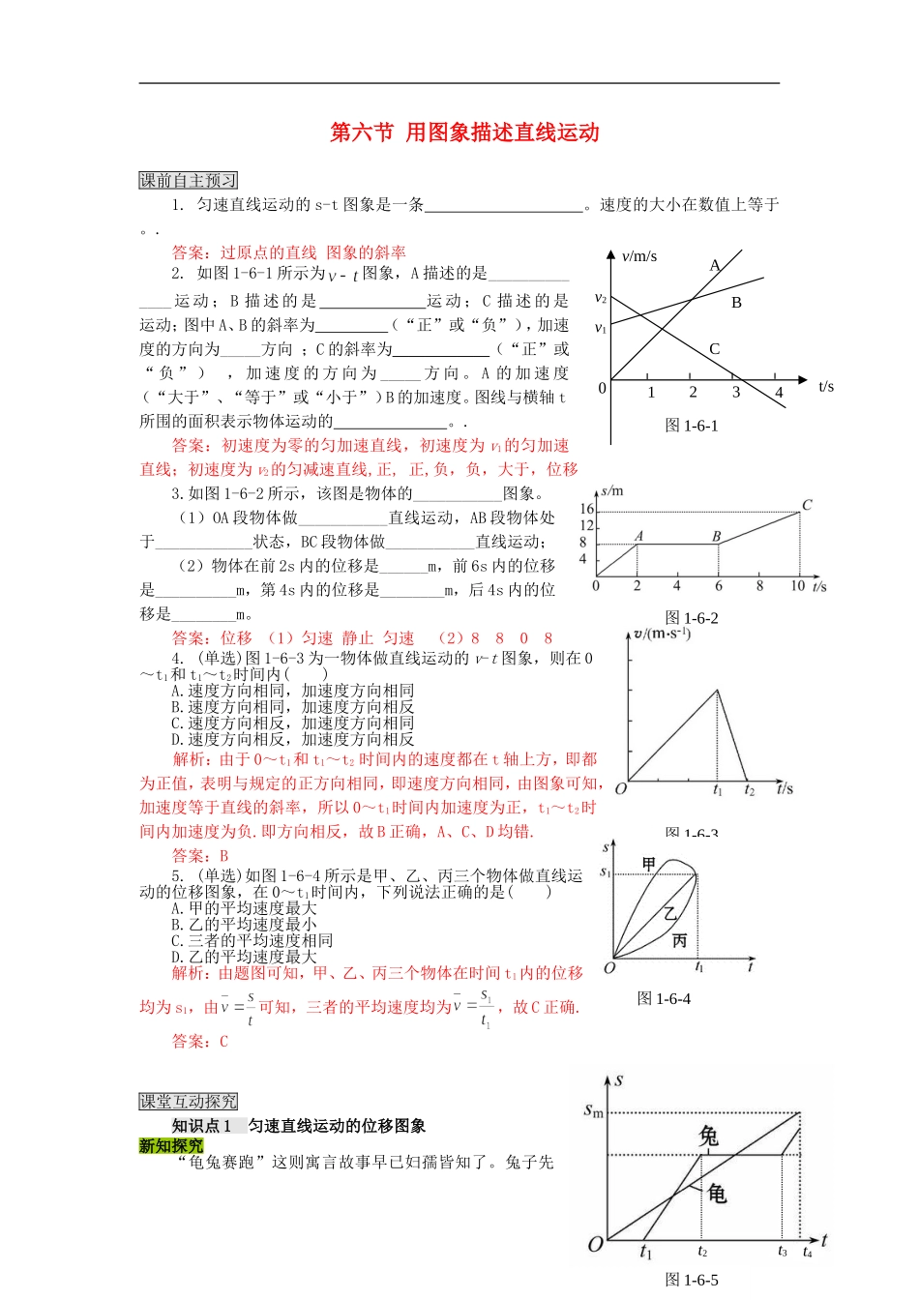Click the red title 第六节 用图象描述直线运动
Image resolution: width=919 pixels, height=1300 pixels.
click(464, 133)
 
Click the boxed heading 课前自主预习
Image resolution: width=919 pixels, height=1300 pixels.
click(188, 180)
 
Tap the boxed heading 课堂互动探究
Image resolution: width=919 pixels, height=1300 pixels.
click(188, 1101)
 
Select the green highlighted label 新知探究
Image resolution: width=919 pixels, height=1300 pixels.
click(171, 1145)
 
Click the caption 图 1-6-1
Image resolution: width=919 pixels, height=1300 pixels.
click(692, 426)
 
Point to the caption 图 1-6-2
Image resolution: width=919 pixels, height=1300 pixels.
click(692, 618)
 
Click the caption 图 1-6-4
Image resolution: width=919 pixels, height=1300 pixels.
click(664, 998)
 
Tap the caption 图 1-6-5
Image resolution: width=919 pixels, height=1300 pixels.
click(692, 1280)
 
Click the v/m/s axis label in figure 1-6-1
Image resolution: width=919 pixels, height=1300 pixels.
click(638, 256)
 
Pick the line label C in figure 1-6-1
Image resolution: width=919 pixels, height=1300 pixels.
click(714, 349)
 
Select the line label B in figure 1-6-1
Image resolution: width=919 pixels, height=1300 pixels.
click(736, 303)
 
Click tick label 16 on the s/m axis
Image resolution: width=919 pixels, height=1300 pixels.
click(586, 509)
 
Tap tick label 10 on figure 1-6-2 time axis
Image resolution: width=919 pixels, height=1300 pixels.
click(797, 586)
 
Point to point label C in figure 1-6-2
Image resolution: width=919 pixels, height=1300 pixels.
click(807, 505)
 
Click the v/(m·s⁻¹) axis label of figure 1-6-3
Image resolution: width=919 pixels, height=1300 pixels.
click(661, 634)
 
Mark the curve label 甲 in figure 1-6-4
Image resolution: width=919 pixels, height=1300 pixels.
click(649, 864)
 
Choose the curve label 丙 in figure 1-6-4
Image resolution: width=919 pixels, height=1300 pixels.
click(679, 939)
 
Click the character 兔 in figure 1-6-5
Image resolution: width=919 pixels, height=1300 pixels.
click(709, 1136)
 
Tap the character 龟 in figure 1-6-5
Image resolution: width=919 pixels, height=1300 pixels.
click(717, 1193)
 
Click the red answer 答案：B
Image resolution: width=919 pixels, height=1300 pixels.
click(200, 855)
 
